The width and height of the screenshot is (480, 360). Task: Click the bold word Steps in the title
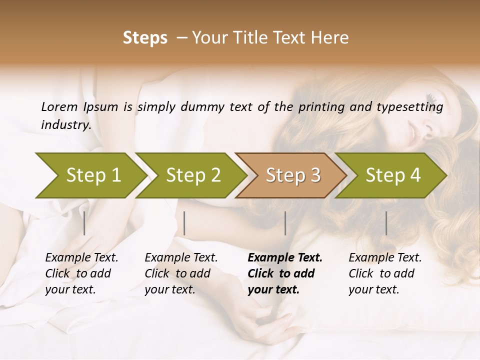145,38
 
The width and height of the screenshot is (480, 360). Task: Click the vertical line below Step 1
84,223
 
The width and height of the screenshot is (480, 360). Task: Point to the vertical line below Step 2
184,223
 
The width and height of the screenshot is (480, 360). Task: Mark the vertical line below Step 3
285,223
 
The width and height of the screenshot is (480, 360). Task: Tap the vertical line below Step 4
386,223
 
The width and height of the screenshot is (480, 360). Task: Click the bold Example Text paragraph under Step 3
285,273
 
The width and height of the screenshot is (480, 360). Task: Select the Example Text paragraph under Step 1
81,273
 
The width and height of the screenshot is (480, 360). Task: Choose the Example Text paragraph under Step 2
181,273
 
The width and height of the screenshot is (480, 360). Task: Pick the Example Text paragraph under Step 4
385,273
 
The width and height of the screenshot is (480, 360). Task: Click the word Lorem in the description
59,106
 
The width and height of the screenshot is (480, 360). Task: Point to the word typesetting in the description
414,107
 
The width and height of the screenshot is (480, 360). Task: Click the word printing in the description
323,107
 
